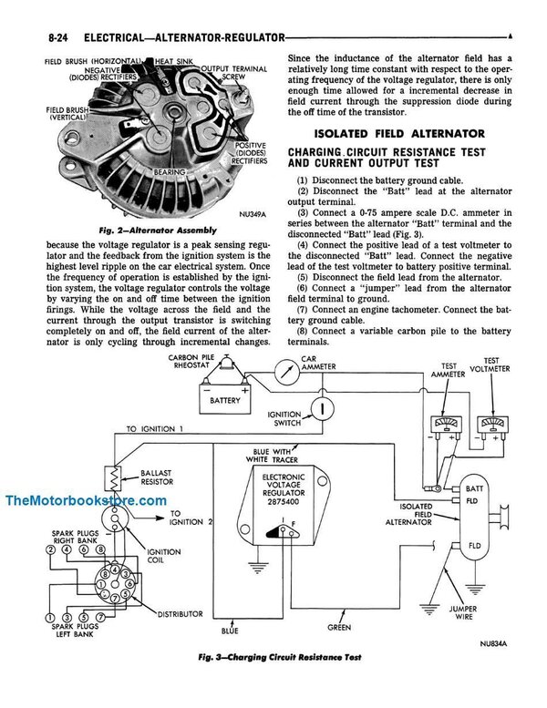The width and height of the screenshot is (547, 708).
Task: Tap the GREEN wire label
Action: point(339,626)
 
